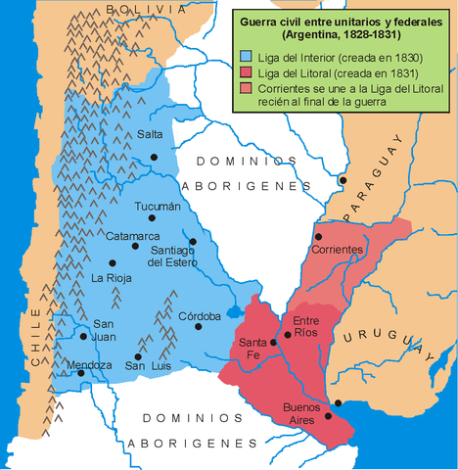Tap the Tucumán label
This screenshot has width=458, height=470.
[x=158, y=207]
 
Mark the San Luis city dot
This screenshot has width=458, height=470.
[x=140, y=356]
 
